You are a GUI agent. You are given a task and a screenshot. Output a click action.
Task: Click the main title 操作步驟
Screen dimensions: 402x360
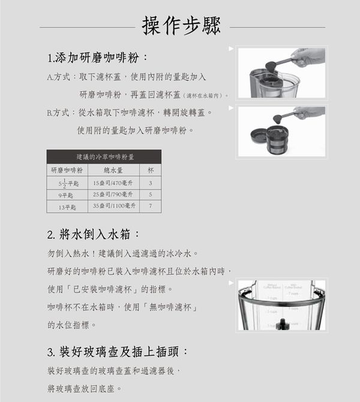pos(182,25)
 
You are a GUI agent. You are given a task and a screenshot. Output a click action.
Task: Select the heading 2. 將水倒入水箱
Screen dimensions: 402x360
pos(93,234)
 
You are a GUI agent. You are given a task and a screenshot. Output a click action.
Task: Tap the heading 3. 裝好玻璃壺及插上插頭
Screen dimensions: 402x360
pos(118,351)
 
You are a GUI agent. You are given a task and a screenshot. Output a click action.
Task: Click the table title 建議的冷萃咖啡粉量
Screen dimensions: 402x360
pos(104,157)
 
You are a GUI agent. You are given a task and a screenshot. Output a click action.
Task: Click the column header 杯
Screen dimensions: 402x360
pos(150,170)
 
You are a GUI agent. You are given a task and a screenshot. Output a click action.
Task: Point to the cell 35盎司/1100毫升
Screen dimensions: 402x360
pos(114,206)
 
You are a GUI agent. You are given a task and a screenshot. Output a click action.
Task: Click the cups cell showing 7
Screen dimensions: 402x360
pos(150,206)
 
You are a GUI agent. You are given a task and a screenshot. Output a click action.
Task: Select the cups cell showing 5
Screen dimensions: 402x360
pos(150,195)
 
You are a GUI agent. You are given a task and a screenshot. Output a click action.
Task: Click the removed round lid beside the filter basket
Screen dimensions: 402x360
pos(259,136)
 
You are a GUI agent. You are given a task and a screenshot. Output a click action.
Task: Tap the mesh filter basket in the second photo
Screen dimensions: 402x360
pos(277,140)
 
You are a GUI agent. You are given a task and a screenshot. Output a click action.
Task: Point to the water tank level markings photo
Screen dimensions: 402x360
pos(281,306)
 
